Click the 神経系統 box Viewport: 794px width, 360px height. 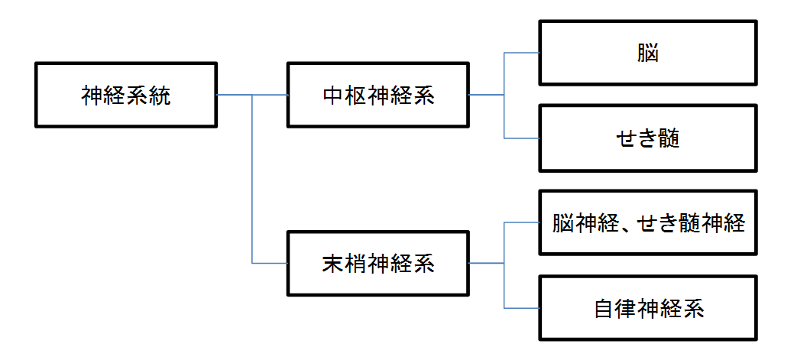(127, 95)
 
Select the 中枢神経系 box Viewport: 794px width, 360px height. (378, 95)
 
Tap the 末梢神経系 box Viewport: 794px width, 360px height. (378, 263)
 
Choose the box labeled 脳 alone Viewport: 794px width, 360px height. (648, 53)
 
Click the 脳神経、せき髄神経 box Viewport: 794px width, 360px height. (648, 223)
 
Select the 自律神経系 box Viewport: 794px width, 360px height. (648, 309)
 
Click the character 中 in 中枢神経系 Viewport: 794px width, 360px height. (332, 96)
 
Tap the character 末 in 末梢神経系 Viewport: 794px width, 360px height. (332, 264)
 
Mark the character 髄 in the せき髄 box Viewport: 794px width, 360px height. (669, 140)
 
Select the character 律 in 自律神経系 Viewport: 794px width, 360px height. (626, 310)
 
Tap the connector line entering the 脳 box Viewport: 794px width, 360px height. (522, 53)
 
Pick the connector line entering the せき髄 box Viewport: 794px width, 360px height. (522, 138)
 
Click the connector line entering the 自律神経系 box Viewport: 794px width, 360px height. (522, 308)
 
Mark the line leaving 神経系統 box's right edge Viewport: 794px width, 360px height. (233, 95)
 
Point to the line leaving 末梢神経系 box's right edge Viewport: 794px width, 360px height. (485, 263)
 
